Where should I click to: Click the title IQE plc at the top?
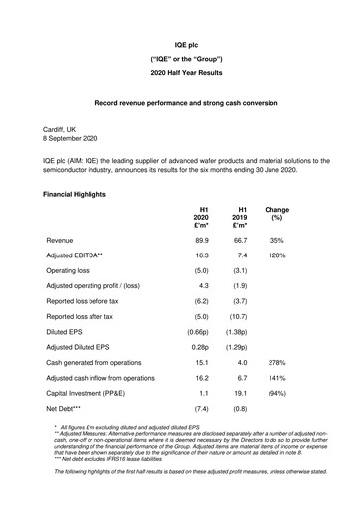[179, 46]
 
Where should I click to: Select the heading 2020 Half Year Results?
[179, 75]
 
